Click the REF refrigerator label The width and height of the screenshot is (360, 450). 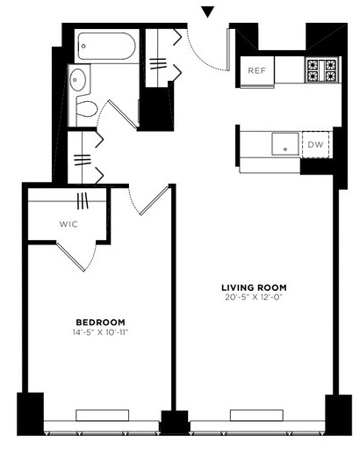(x=256, y=70)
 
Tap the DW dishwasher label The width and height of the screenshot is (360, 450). (x=315, y=144)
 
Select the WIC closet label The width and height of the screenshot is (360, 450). (x=68, y=224)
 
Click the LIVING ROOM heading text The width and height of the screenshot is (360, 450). (x=254, y=287)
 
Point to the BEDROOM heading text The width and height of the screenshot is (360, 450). (x=100, y=323)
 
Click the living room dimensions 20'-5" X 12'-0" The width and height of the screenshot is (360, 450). (x=253, y=297)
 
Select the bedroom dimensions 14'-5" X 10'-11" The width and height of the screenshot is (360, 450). (x=101, y=332)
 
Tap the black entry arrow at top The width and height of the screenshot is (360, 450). (x=208, y=12)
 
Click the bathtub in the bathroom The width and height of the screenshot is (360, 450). (x=107, y=46)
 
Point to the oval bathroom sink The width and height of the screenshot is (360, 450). (x=77, y=79)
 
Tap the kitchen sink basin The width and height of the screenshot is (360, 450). (x=285, y=144)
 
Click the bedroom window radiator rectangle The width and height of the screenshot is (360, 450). (x=103, y=415)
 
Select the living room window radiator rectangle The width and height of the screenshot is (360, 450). (x=256, y=415)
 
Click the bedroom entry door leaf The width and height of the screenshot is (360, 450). (x=155, y=200)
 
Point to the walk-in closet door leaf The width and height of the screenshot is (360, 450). (x=71, y=257)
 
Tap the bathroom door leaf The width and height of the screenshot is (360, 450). (x=123, y=114)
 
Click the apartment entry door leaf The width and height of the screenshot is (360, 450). (x=228, y=49)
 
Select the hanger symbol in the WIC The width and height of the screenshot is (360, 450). (x=83, y=200)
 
